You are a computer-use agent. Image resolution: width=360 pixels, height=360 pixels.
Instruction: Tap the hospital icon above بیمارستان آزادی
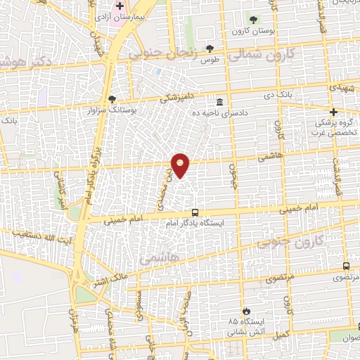(120, 6)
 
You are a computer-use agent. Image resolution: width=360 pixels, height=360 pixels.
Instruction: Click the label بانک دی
(278, 94)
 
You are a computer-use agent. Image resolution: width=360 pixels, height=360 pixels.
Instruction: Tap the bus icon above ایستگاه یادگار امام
(195, 212)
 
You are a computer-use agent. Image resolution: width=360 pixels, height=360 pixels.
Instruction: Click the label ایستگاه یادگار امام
(195, 222)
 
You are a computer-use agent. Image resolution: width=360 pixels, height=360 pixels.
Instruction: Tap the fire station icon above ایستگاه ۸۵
(245, 311)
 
